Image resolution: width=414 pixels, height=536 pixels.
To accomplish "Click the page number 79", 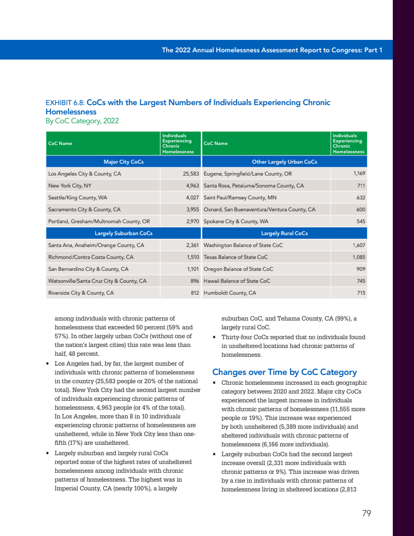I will tap(366, 513).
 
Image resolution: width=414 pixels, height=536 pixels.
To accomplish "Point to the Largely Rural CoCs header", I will tap(285, 233).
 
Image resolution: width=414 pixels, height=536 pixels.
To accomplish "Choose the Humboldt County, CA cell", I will tap(230, 293).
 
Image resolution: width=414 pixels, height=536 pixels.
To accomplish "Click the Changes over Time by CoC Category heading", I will tap(285, 372).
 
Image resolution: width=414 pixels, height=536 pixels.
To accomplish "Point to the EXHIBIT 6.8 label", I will tap(64, 103).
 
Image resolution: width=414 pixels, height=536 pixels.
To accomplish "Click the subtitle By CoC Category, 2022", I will tap(82, 121).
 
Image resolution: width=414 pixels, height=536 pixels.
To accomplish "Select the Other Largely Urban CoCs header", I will tap(284, 162).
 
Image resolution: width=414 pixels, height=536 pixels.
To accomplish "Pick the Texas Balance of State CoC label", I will tap(236, 257).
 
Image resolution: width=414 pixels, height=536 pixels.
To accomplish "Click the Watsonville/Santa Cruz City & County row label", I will tap(97, 281).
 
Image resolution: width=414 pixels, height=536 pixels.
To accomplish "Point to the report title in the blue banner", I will tap(272, 50).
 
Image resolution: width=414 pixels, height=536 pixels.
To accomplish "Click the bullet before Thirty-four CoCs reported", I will tap(215, 338).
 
